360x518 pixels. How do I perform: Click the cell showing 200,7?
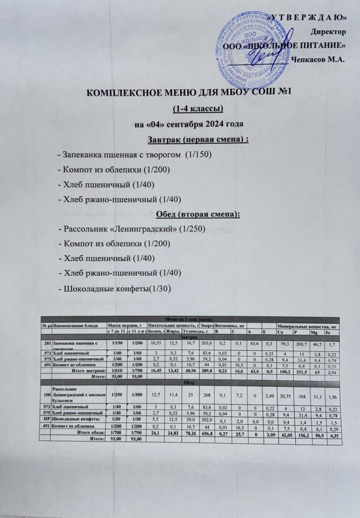[x=300, y=344]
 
